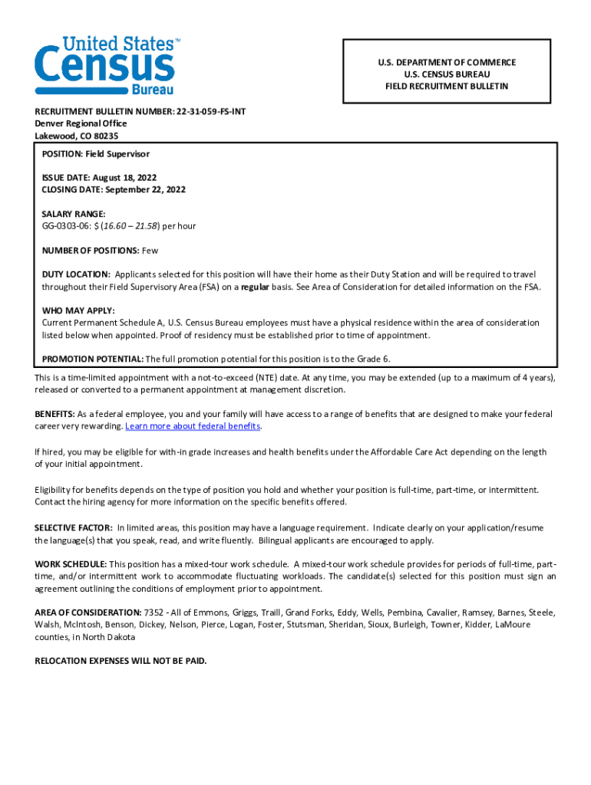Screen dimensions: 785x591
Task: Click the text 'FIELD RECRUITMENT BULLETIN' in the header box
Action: (447, 87)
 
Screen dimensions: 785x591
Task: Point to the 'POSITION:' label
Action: (62, 154)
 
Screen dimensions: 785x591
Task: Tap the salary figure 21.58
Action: (142, 226)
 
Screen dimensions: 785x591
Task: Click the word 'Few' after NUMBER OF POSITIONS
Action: (150, 251)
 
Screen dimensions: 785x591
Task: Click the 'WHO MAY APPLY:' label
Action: (78, 310)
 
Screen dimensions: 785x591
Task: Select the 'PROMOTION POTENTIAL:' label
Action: (92, 359)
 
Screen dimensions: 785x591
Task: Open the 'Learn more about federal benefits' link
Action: (193, 426)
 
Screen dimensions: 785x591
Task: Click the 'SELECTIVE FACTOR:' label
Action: (74, 528)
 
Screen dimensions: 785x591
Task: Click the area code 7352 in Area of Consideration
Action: (154, 613)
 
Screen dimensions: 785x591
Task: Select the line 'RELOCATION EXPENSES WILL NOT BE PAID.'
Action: (121, 661)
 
